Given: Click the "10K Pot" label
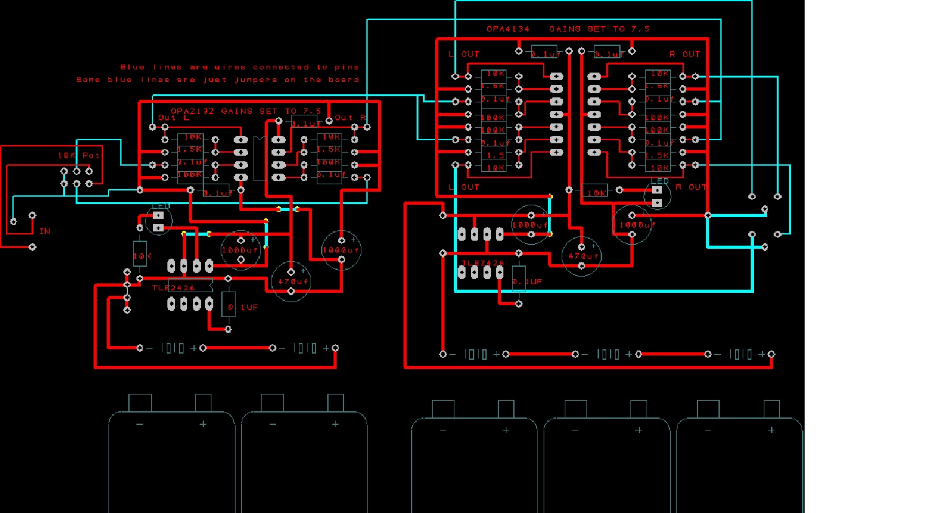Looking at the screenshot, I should pos(79,156).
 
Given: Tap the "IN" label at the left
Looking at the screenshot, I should pos(45,231).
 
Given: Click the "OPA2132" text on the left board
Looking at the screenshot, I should pos(192,112).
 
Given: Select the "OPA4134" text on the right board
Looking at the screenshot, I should pos(508,29).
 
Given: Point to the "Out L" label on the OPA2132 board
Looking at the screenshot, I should pos(173,118).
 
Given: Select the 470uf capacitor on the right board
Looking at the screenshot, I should pos(582,256).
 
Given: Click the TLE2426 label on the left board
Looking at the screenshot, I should pos(174,288).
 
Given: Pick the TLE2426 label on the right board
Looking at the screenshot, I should pos(483,263).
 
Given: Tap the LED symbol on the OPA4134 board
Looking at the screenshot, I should pos(657,196).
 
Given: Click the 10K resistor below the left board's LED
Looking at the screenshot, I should pos(140,255).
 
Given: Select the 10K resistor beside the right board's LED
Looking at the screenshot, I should pos(595,192).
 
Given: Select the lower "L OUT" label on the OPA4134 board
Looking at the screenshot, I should pos(464,187).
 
